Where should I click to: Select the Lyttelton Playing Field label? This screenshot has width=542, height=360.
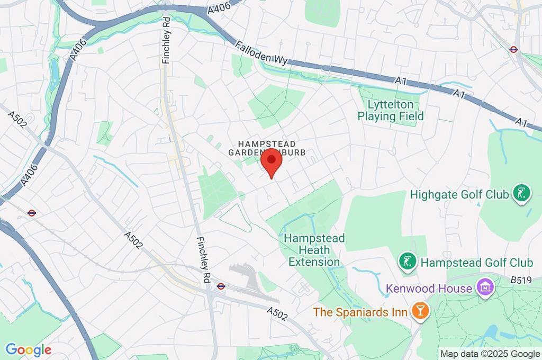[391, 110]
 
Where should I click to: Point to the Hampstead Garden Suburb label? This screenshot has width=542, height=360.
[267, 148]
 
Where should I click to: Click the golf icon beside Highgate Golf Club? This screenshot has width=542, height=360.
[521, 194]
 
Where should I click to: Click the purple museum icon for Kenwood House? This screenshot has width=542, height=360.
[484, 289]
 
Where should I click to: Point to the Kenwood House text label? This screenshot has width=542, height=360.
[429, 289]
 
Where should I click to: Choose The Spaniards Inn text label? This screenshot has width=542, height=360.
[360, 311]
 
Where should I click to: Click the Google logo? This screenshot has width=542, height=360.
[28, 349]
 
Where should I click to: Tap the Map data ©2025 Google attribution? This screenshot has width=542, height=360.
[490, 354]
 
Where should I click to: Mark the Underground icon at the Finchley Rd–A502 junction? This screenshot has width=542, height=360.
[221, 286]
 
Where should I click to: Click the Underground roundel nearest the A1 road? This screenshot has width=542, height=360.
[513, 49]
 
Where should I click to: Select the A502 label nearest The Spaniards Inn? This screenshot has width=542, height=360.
[277, 313]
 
